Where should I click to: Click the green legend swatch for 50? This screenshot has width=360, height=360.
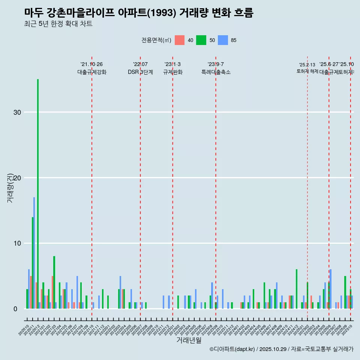(x=201, y=40)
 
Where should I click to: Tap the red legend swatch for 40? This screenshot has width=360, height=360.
(x=180, y=40)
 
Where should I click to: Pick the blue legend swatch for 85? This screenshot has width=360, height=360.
(x=223, y=40)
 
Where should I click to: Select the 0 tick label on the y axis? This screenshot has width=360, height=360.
(x=15, y=309)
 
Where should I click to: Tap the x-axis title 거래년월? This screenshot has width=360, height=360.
(x=189, y=340)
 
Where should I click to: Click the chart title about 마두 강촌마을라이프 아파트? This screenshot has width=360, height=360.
(x=139, y=13)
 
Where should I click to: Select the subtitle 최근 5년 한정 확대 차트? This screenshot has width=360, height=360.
(x=58, y=24)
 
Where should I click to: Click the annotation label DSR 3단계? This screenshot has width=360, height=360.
(x=140, y=72)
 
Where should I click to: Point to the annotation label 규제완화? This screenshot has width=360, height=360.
(x=172, y=72)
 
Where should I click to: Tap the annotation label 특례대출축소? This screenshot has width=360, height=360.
(x=216, y=72)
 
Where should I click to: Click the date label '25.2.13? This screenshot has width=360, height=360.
(x=307, y=64)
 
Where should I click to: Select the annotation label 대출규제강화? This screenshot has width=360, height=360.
(x=92, y=72)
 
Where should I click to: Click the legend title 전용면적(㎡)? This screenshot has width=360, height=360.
(x=156, y=40)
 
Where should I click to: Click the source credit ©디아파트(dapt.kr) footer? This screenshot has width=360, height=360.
(x=281, y=349)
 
